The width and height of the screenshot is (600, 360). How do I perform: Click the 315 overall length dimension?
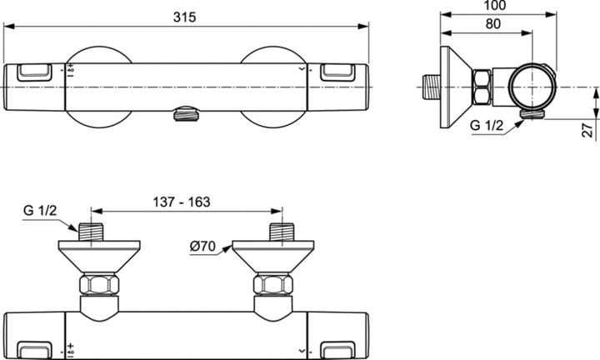click(x=184, y=17)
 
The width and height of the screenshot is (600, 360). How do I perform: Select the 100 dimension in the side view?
click(x=494, y=5)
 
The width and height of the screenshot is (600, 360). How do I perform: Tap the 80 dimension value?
click(x=492, y=23)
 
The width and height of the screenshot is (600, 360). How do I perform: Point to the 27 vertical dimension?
click(x=589, y=128)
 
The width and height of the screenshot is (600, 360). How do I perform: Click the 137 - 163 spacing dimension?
click(x=182, y=202)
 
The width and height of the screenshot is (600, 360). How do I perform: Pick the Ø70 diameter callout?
click(x=202, y=246)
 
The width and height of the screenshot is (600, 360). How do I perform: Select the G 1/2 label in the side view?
click(x=487, y=125)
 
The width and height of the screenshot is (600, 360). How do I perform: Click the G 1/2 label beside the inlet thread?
click(x=40, y=210)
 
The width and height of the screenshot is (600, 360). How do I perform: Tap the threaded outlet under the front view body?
click(x=186, y=114)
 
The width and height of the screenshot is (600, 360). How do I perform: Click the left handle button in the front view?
click(x=34, y=72)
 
